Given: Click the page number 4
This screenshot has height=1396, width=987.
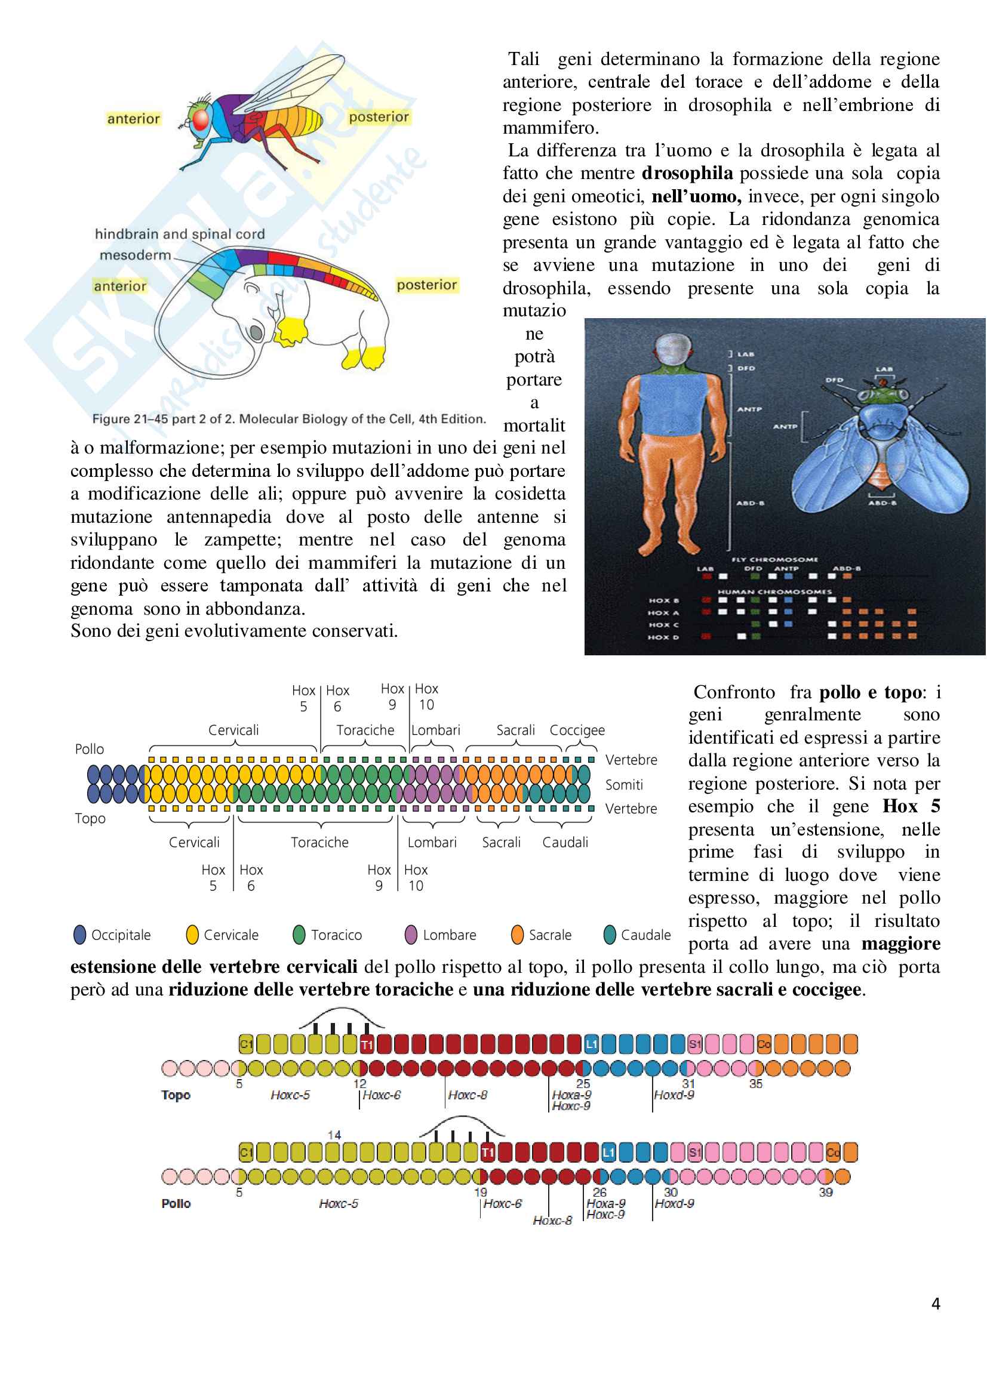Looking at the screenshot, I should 935,1303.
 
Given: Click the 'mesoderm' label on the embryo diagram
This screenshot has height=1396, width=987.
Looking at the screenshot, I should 135,255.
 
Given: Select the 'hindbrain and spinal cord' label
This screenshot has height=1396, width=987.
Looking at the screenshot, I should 179,234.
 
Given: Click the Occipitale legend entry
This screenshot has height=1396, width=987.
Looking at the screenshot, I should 112,935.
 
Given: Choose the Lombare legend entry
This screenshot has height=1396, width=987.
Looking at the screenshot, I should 441,935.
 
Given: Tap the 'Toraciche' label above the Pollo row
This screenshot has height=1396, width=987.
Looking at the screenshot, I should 365,729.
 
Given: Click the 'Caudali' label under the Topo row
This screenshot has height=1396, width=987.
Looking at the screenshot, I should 565,842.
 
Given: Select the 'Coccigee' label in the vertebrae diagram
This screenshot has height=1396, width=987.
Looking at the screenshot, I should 577,729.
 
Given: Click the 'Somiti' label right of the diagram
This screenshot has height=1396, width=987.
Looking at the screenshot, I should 624,785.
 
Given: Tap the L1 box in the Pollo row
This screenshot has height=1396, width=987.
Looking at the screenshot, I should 608,1152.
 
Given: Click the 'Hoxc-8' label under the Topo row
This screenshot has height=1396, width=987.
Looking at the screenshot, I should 467,1095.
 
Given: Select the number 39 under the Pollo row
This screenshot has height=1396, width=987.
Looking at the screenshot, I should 825,1192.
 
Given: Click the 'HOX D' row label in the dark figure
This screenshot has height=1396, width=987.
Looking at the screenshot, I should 663,637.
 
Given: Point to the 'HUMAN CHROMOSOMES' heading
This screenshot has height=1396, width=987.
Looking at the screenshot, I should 774,591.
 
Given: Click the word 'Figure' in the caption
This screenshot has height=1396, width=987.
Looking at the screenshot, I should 110,419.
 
